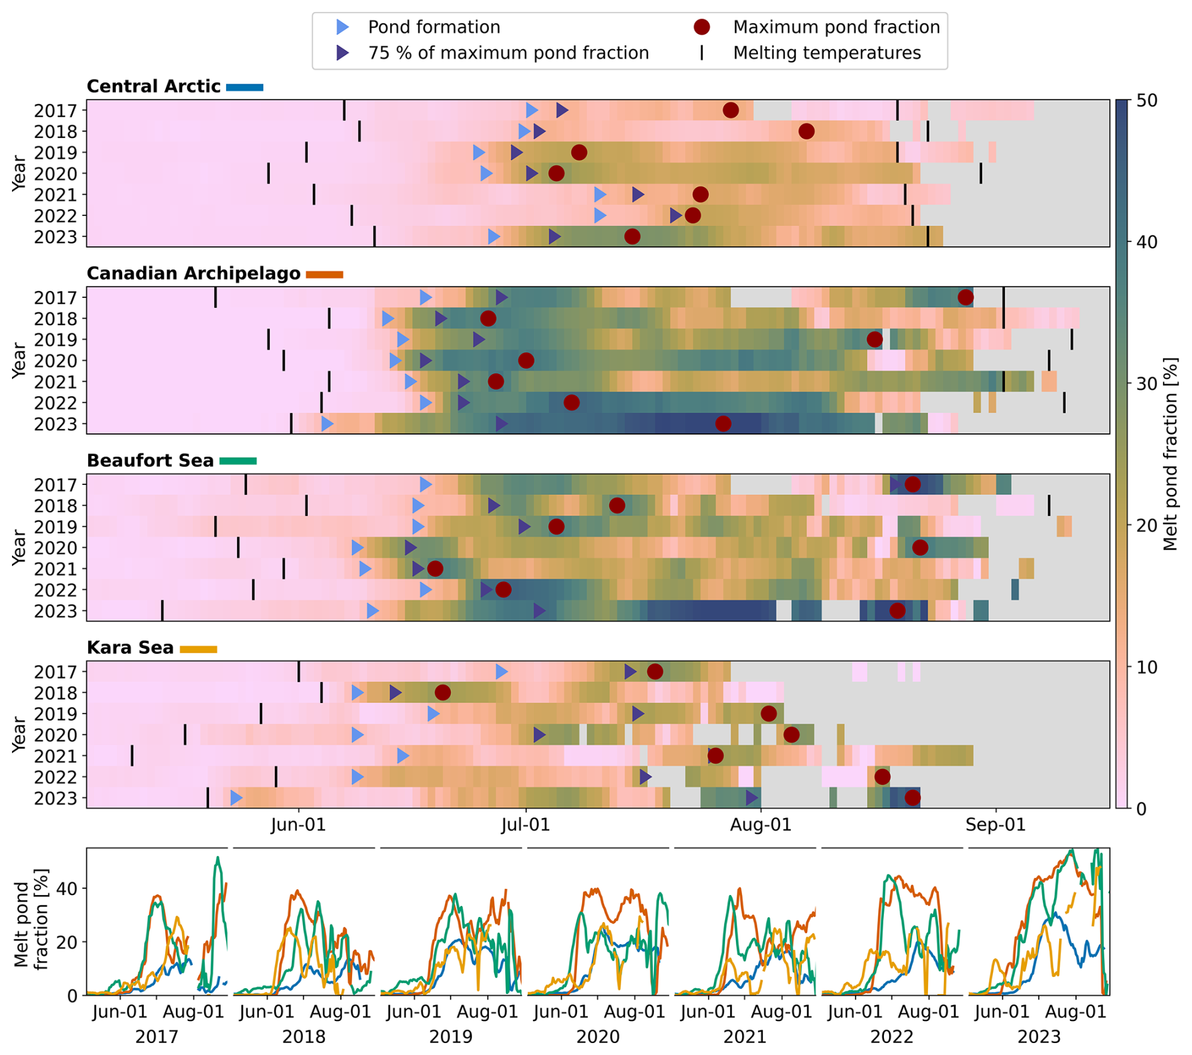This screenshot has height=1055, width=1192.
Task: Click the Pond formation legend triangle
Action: click(x=342, y=27)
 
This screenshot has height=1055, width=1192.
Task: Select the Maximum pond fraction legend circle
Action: click(x=701, y=27)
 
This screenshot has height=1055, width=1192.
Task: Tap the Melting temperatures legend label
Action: click(x=827, y=53)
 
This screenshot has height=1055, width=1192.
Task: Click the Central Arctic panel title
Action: click(x=153, y=86)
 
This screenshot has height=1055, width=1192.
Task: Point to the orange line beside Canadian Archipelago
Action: click(x=324, y=274)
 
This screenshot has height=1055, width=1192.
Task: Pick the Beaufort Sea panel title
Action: click(x=150, y=460)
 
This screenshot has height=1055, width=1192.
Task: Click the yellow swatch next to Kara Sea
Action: click(x=198, y=649)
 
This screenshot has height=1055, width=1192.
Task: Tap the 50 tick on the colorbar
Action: click(x=1147, y=101)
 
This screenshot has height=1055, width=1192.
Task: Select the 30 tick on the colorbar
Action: click(x=1147, y=384)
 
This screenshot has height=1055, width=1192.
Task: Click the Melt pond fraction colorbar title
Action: click(x=1170, y=453)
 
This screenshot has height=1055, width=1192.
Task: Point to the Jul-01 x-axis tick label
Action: click(x=525, y=824)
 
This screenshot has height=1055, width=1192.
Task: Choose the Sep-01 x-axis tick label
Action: click(x=995, y=824)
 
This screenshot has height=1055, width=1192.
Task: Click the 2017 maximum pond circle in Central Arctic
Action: click(x=730, y=110)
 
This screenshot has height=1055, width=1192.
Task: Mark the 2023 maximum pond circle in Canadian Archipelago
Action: click(x=723, y=423)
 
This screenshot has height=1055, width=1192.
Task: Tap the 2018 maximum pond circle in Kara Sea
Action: click(x=442, y=693)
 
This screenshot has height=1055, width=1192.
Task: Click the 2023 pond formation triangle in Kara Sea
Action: click(x=236, y=798)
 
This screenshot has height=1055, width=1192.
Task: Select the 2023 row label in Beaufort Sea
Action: click(x=55, y=611)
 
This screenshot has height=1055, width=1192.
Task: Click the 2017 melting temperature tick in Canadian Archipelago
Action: click(x=215, y=297)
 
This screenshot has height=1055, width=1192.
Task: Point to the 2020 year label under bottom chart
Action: click(x=597, y=1036)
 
